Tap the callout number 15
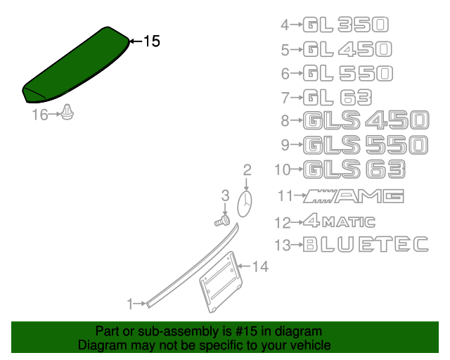point(151,42)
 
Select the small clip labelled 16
point(67,112)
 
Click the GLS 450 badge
point(365,120)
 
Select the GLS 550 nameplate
point(365,144)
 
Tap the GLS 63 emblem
point(355,169)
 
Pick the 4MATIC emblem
point(339,222)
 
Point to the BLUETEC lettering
point(365,245)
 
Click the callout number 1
point(129,304)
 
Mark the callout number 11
point(284,196)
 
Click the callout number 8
point(285,121)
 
